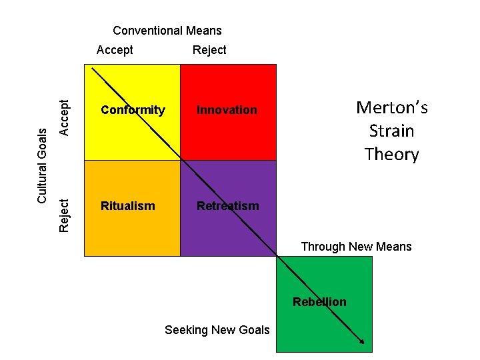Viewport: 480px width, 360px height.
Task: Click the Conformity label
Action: [x=133, y=110]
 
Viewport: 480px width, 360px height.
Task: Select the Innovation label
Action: [x=227, y=110]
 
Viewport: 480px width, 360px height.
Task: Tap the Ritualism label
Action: [x=127, y=206]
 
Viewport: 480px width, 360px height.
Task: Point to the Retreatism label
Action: [x=227, y=206]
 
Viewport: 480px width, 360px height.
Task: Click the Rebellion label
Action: [x=319, y=302]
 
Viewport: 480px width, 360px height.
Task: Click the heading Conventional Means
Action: [x=167, y=31]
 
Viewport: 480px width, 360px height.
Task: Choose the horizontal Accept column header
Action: [x=115, y=50]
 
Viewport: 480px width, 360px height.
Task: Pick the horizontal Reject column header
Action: [x=209, y=50]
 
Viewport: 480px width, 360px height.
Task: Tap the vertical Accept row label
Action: [x=64, y=117]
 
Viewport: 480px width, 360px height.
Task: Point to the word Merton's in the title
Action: [x=392, y=107]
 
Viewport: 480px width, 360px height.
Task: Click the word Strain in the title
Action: [x=392, y=131]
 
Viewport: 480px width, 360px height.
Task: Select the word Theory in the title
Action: [x=392, y=155]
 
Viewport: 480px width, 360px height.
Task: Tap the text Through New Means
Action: [x=356, y=247]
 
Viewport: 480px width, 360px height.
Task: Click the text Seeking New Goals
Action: [x=217, y=330]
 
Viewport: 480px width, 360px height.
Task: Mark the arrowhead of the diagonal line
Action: [x=361, y=341]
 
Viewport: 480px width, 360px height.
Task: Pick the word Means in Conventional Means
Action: [x=205, y=31]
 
